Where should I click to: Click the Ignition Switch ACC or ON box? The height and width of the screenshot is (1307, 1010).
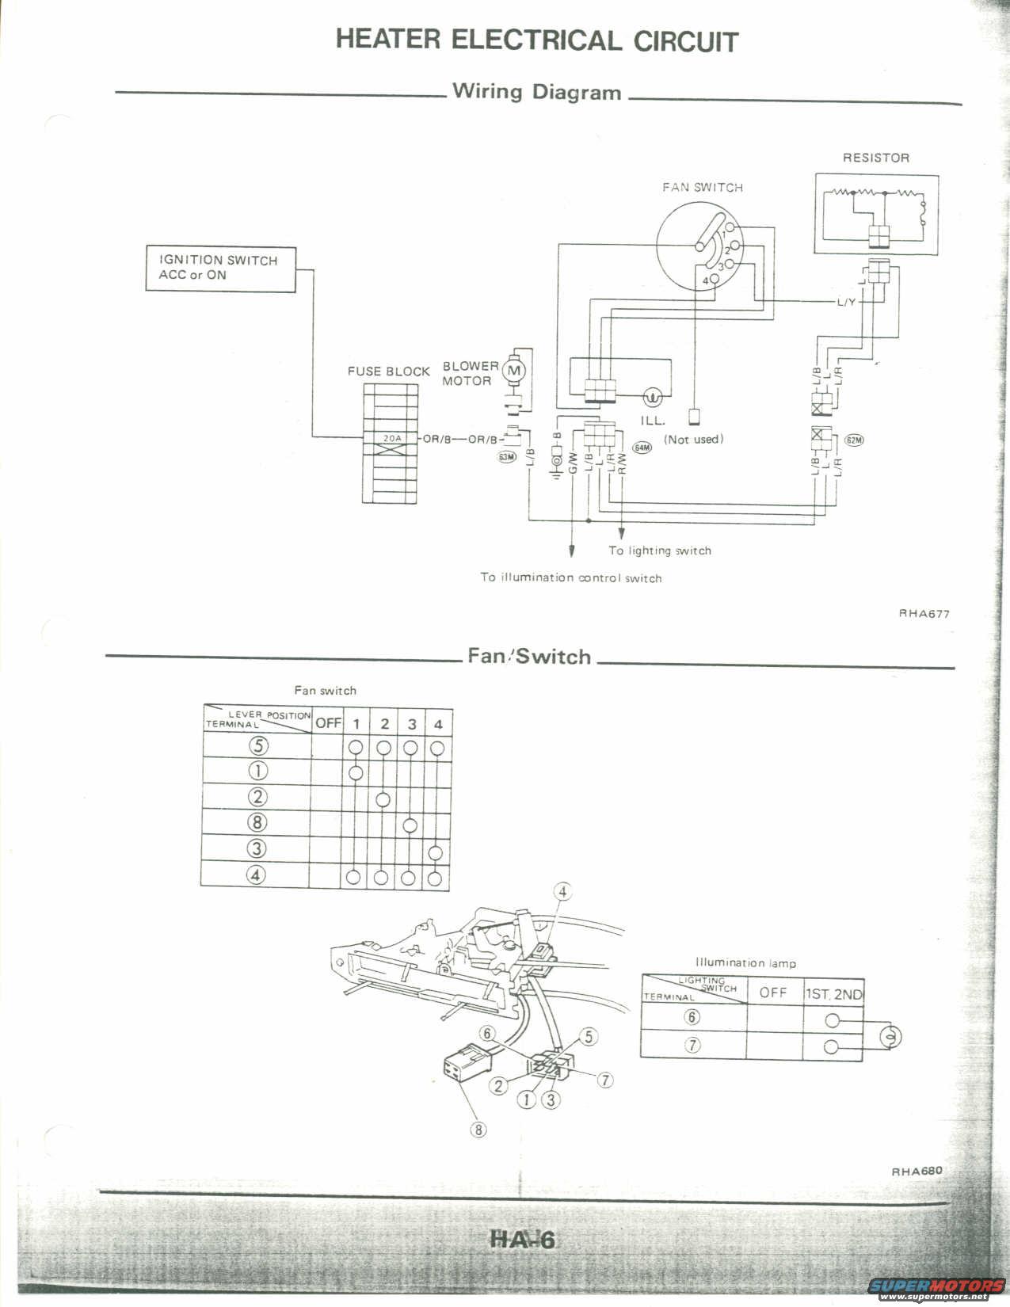click(220, 268)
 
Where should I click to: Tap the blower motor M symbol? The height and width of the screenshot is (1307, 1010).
click(515, 370)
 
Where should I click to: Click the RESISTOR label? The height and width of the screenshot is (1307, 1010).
click(875, 158)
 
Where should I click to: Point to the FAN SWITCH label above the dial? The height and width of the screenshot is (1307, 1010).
click(703, 188)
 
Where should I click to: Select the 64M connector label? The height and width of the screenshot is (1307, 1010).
click(642, 448)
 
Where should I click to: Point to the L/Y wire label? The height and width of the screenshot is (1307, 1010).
click(846, 303)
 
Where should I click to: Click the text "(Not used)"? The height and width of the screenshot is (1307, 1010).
click(693, 439)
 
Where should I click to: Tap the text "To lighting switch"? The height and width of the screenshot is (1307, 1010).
click(660, 551)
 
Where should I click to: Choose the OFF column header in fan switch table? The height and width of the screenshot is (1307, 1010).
click(328, 722)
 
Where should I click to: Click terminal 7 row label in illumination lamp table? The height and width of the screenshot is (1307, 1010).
click(692, 1045)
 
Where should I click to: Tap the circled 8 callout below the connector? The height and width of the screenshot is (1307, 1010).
click(478, 1130)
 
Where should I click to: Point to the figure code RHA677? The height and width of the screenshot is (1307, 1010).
click(924, 613)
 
